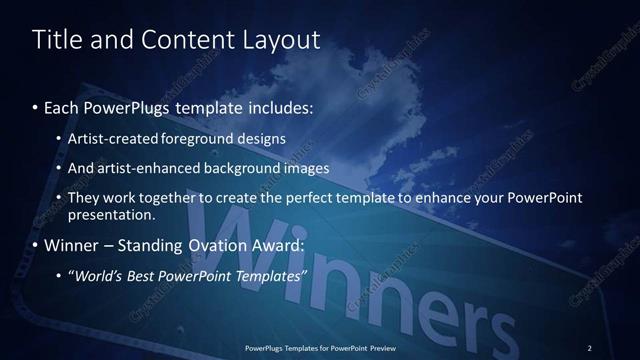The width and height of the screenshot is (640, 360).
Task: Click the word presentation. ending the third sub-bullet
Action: [111, 214]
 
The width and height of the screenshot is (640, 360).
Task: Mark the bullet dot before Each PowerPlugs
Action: [37, 106]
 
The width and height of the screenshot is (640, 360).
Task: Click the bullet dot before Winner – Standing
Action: [37, 245]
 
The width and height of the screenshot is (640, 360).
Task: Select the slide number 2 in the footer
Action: [590, 347]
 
